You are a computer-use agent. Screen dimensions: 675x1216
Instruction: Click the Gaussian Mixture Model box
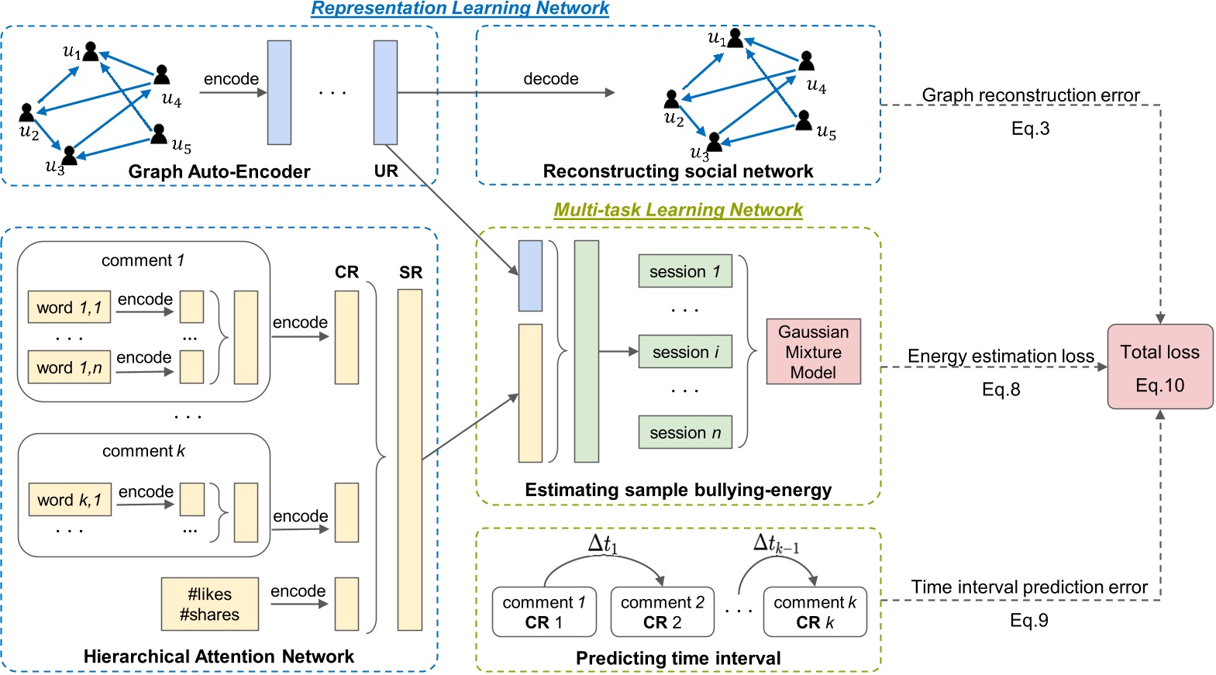[813, 352]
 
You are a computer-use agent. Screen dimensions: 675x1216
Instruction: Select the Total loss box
[1159, 367]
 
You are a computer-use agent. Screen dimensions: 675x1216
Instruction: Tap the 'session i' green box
[685, 352]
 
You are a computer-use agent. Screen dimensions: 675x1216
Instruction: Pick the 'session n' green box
[685, 432]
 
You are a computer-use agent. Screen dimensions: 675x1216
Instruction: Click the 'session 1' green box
[685, 271]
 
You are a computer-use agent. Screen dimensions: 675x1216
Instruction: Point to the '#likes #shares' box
[209, 604]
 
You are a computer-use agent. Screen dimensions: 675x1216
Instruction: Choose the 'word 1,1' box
[69, 308]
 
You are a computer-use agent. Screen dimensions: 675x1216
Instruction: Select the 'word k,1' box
[69, 500]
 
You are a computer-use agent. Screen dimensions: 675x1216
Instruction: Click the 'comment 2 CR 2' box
[662, 612]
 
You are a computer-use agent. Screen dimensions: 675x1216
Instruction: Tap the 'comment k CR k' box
[815, 612]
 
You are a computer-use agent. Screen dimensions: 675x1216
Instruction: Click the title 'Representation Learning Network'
[460, 9]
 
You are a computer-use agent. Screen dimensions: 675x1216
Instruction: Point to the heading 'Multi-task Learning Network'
[678, 210]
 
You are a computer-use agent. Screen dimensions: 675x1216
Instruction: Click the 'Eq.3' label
[1030, 129]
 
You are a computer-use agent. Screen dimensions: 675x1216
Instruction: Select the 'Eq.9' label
[1028, 620]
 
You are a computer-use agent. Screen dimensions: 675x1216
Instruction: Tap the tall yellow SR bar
[410, 460]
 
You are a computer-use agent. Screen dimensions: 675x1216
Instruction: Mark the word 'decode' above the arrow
[550, 79]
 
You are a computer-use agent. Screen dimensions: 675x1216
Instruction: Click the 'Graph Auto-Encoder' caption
[219, 171]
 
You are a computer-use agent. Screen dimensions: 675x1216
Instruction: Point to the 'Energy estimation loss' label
[1001, 356]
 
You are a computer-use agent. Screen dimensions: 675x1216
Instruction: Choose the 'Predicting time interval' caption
[678, 658]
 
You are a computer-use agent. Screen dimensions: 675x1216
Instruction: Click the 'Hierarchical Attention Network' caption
[219, 656]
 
